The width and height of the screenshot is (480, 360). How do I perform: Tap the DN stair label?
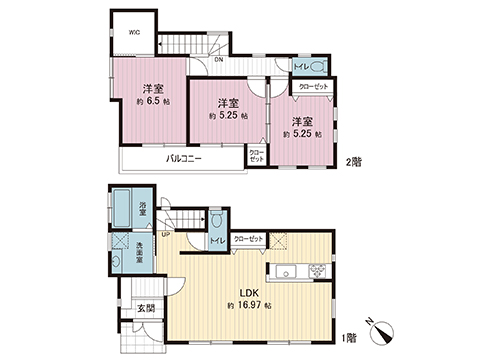click(219, 60)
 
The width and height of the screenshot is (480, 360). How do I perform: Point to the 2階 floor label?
click(352, 161)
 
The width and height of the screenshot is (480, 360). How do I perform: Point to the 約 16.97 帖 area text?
click(250, 305)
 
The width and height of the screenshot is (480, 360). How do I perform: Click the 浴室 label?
click(144, 207)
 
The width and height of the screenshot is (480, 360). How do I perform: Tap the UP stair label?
click(180, 236)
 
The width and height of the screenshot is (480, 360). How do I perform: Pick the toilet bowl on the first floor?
click(214, 221)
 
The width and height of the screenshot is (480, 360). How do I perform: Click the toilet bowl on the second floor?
click(318, 67)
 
